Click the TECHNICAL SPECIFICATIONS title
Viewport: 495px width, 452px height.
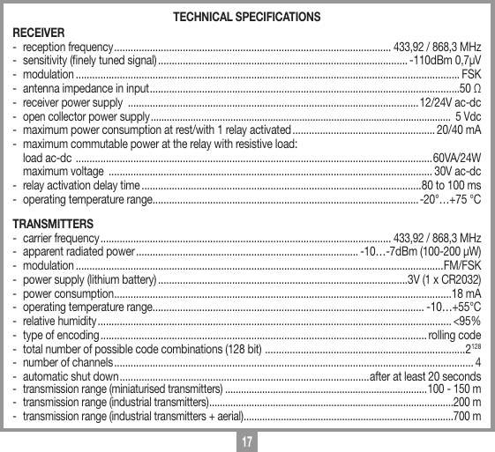(x=247, y=18)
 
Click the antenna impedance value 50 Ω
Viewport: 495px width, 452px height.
(x=470, y=89)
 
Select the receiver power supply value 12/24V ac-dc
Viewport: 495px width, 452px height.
(x=450, y=103)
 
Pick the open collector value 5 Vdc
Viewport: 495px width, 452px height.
(x=467, y=117)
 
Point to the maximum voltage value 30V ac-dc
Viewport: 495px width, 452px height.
(x=458, y=171)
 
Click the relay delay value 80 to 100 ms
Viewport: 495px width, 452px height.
(x=452, y=186)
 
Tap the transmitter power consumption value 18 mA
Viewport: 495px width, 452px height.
(x=467, y=293)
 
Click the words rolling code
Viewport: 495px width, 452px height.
(x=454, y=336)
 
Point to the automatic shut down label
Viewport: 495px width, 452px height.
(x=71, y=377)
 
